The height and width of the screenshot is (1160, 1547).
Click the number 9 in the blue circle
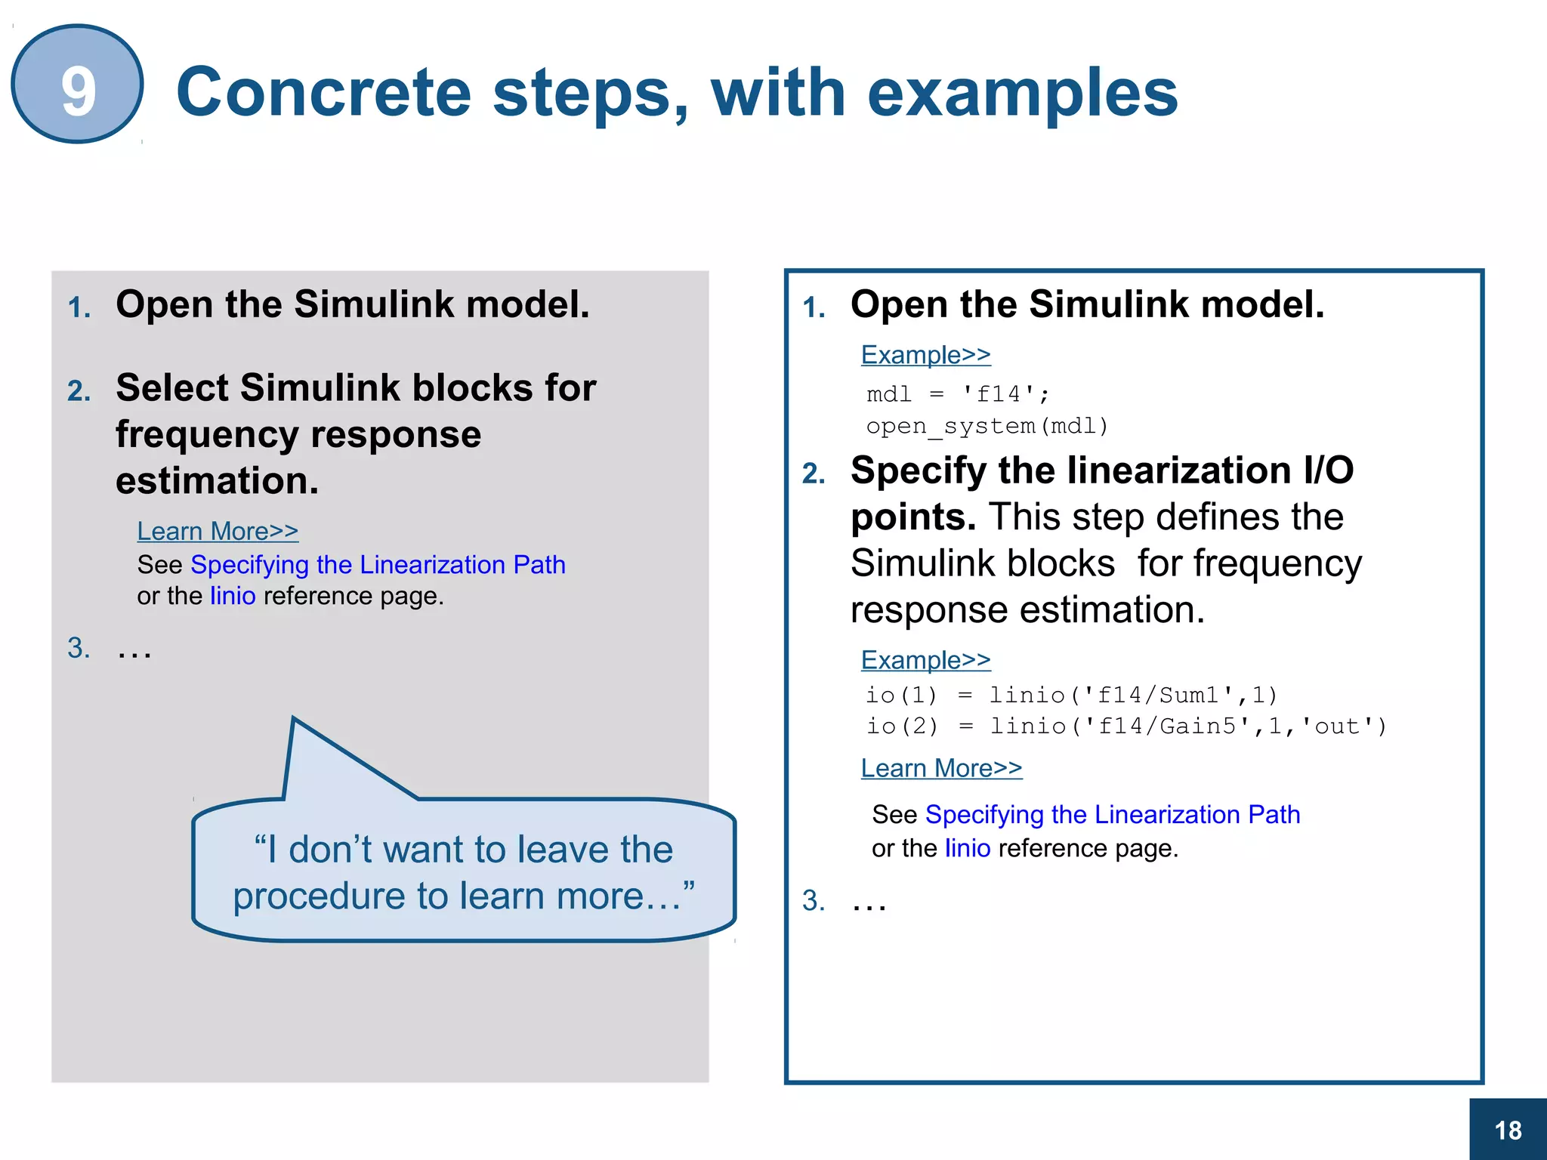pos(78,91)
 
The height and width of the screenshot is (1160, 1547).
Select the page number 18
pos(1508,1131)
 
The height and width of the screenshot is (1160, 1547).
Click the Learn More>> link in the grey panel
pos(218,532)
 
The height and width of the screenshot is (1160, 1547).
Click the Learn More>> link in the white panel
pos(941,769)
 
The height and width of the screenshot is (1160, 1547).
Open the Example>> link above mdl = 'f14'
pos(925,355)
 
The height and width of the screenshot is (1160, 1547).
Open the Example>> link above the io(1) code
pos(925,660)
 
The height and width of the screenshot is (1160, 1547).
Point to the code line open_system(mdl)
pos(987,427)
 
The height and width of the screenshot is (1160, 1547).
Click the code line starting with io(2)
pos(1126,727)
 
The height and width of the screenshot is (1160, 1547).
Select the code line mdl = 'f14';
pos(958,394)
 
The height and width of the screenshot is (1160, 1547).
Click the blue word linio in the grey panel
pos(233,597)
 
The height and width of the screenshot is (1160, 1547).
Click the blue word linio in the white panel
pos(968,849)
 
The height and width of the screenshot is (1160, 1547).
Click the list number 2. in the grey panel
pos(79,391)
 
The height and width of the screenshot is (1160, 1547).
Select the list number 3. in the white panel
pos(814,901)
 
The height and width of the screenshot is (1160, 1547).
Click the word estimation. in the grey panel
pos(217,481)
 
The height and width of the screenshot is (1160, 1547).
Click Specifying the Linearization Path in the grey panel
pos(378,565)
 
